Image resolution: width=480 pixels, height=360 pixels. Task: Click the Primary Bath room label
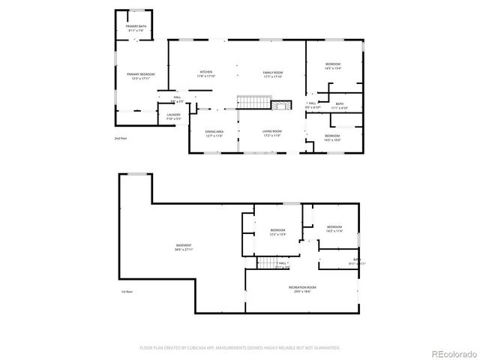[136, 28]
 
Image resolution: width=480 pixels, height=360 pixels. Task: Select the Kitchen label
[205, 74]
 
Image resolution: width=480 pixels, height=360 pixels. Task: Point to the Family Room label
[271, 74]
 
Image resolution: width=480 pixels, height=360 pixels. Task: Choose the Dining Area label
[215, 134]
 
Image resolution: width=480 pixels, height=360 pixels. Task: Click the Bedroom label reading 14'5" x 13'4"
[333, 67]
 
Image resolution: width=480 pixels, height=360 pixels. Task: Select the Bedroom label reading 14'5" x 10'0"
[332, 137]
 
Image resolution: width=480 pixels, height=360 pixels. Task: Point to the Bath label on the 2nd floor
[340, 106]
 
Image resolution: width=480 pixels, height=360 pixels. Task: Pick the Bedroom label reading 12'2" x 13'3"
[277, 232]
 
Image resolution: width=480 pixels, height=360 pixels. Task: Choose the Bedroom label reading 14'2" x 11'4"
[334, 229]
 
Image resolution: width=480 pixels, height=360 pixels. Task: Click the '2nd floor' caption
[121, 139]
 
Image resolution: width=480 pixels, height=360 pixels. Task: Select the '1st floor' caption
[127, 291]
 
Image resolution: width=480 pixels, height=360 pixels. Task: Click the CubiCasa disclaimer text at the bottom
[239, 348]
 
